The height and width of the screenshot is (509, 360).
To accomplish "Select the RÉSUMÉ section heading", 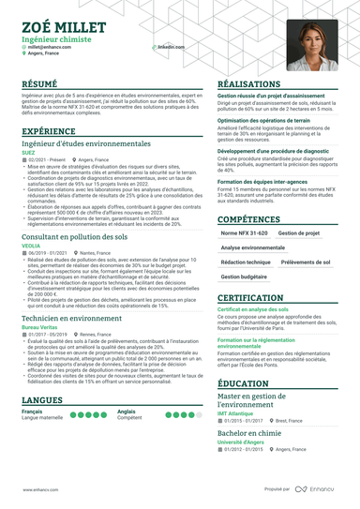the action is pyautogui.click(x=42, y=83).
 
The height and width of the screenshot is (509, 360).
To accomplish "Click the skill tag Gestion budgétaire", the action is pyautogui.click(x=244, y=277).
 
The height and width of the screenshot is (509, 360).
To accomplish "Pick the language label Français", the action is pyautogui.click(x=33, y=412).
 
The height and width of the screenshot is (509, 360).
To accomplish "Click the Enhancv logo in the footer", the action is pyautogui.click(x=320, y=489).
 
